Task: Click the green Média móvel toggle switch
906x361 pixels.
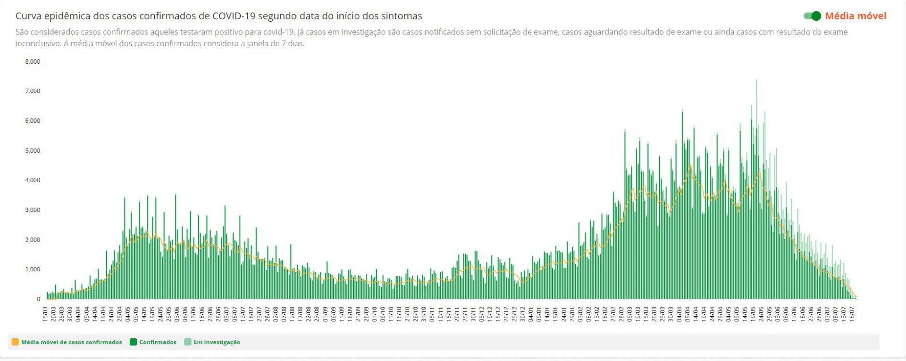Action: click(813, 16)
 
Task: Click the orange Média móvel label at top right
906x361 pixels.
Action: click(856, 16)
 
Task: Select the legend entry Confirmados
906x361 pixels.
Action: click(158, 342)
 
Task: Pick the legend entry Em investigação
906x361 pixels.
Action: click(217, 342)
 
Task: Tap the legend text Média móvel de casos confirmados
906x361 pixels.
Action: click(71, 342)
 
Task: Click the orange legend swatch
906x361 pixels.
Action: click(15, 342)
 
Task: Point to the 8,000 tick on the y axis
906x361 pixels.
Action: click(33, 61)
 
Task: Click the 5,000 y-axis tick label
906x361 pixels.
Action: click(33, 151)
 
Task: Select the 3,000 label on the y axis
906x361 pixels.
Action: click(33, 210)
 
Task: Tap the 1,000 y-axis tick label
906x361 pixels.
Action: click(33, 269)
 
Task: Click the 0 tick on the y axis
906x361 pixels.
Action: click(38, 299)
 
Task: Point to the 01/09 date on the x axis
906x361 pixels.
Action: click(325, 314)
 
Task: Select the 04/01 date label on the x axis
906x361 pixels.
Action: click(531, 314)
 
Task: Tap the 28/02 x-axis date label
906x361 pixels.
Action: click(621, 314)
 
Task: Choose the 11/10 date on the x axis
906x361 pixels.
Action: click(391, 314)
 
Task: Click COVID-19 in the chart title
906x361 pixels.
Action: click(234, 16)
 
